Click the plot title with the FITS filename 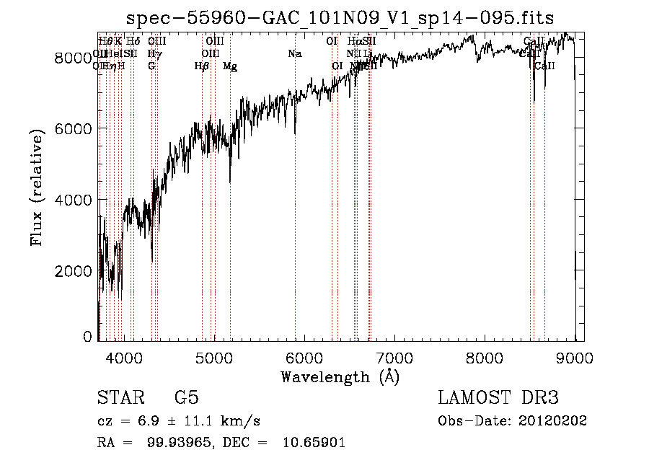tap(340, 18)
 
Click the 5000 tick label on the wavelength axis tap(213, 356)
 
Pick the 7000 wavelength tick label tap(394, 356)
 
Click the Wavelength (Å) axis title tap(340, 376)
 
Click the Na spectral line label tap(294, 54)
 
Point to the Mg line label tap(230, 66)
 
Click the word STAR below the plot tap(120, 398)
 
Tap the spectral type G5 tap(186, 398)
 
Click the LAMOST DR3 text tap(498, 398)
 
